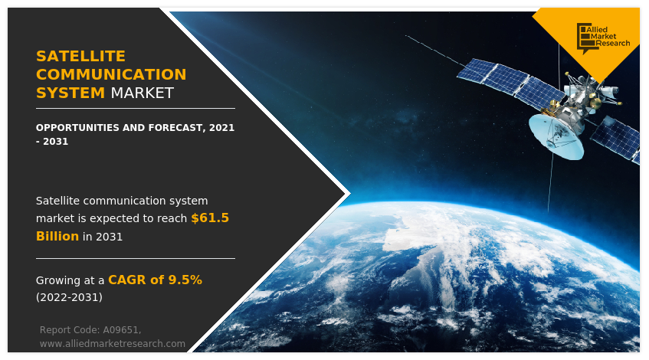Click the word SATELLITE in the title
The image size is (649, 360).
click(80, 56)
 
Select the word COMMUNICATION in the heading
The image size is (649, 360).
click(111, 74)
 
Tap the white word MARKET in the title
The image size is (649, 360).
click(142, 93)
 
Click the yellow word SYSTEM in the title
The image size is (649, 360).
click(70, 93)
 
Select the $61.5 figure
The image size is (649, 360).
click(210, 218)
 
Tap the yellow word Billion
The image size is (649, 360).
click(57, 236)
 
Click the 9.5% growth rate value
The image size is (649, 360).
click(185, 280)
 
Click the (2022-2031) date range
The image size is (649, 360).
click(69, 297)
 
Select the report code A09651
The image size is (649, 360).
click(121, 330)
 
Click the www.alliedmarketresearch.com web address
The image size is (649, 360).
click(113, 343)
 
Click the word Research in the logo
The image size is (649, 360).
click(613, 43)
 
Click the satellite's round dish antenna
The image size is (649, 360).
click(556, 136)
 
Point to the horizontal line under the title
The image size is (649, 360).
click(136, 109)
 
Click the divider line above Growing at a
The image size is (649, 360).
click(136, 258)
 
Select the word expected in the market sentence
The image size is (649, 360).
click(112, 219)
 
